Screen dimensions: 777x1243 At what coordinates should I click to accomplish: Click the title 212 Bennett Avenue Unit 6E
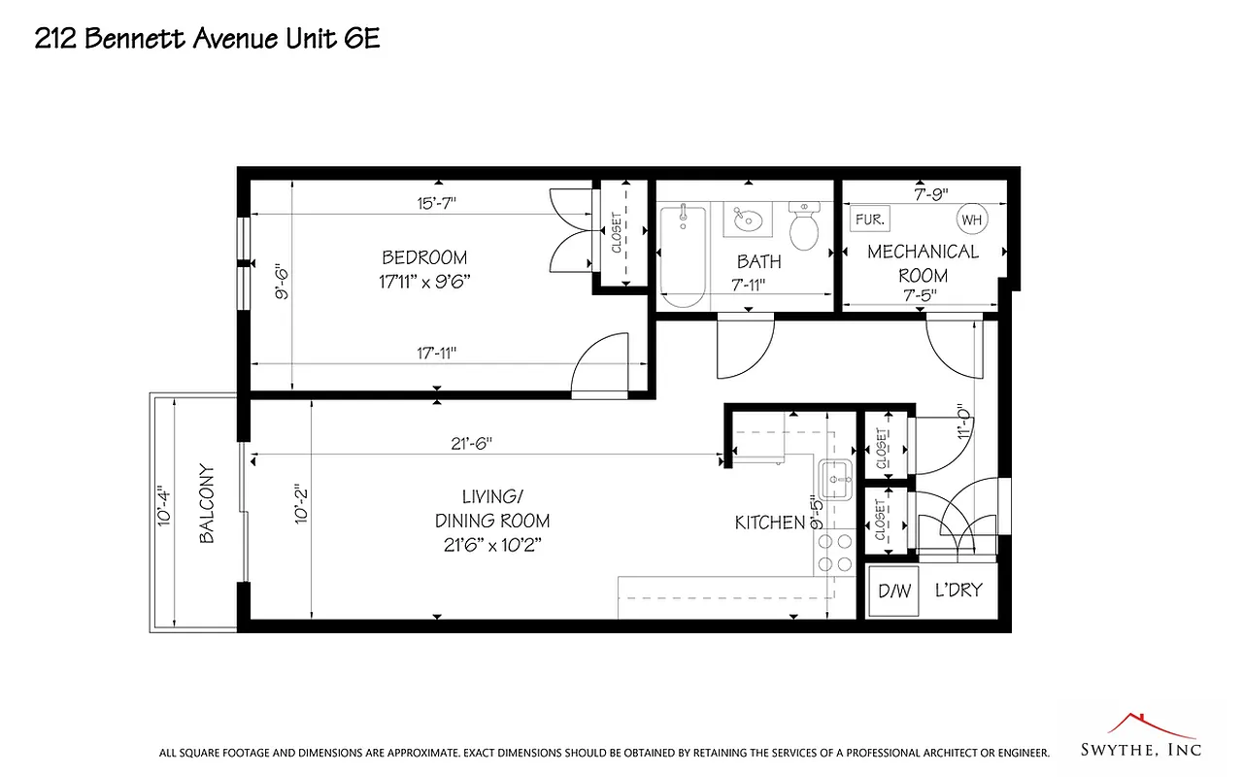point(207,39)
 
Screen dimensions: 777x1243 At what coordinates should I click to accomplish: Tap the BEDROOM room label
point(424,258)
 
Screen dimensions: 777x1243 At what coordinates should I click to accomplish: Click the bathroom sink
point(747,220)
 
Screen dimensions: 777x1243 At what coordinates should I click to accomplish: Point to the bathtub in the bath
point(682,254)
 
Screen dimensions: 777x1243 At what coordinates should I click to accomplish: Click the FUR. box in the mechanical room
point(868,220)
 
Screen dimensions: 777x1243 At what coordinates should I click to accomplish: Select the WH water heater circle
point(972,220)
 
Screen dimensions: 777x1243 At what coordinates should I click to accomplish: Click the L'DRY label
point(958,590)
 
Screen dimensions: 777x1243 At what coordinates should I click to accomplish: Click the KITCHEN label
point(770,523)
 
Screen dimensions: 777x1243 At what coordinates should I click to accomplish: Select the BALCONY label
point(207,513)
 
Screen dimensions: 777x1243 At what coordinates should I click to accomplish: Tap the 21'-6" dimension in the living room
point(471,443)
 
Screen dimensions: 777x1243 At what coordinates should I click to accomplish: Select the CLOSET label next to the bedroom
point(617,233)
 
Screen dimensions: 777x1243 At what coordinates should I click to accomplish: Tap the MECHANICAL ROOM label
point(923,263)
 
